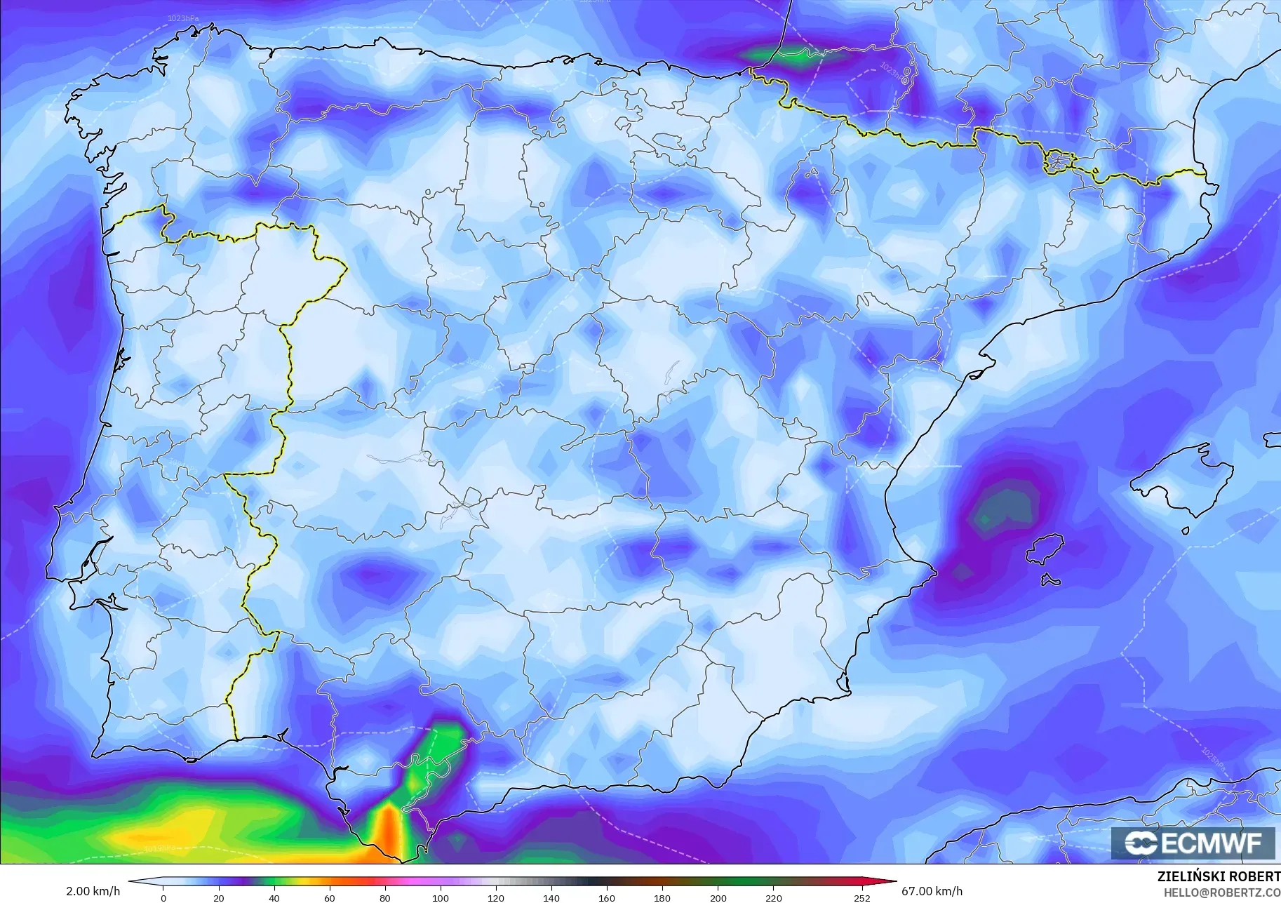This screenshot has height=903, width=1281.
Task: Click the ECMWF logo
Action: (1193, 843)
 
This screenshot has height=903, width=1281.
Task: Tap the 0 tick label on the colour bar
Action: (163, 898)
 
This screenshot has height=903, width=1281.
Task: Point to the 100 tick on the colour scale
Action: (440, 898)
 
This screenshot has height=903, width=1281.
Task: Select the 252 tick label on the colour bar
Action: (862, 898)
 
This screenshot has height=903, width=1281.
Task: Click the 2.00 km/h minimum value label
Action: (93, 891)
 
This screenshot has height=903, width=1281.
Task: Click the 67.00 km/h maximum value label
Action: (932, 891)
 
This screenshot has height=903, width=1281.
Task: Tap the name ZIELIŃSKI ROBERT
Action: (1219, 876)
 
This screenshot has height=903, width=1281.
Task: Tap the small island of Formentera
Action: (1050, 580)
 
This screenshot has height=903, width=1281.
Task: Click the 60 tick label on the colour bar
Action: (329, 898)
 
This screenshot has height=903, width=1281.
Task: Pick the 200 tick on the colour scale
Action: (718, 898)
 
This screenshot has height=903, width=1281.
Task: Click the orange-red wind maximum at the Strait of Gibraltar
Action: (387, 831)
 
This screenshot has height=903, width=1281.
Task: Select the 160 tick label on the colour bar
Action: (607, 898)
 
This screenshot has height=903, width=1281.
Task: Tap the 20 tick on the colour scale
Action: (219, 898)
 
